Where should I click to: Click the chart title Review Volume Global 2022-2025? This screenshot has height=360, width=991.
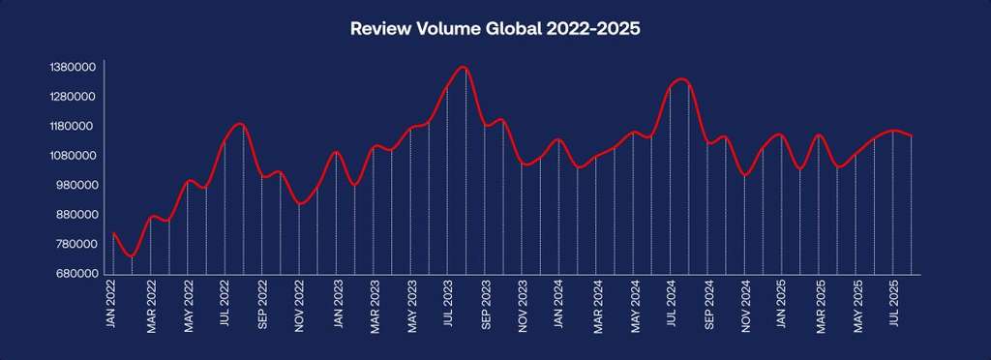[495, 29]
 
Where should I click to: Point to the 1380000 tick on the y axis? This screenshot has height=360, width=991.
[72, 68]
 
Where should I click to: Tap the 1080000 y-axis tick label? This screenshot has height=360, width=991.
[72, 156]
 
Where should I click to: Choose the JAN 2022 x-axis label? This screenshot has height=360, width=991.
[113, 306]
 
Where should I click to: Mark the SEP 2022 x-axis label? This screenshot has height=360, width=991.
[262, 306]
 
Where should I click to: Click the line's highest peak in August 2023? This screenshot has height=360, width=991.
[465, 67]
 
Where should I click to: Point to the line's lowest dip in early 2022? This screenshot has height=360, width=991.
[132, 257]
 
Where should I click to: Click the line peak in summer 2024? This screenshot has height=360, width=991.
[681, 78]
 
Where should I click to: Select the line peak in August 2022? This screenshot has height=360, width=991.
[239, 124]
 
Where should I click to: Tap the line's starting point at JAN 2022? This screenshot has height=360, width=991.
[113, 233]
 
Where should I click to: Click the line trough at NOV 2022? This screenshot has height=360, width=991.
[301, 204]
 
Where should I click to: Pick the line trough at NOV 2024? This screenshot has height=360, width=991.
[744, 176]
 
